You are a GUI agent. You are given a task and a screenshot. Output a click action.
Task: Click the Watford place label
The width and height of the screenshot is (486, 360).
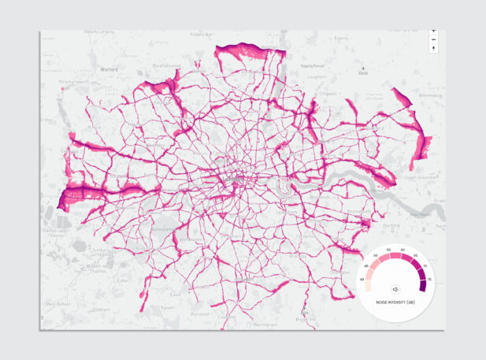pos(109,69)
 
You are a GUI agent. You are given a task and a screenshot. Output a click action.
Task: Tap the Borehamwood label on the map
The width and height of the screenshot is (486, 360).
pos(166,66)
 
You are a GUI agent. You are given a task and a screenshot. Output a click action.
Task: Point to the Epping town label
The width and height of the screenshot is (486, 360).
pos(341,37)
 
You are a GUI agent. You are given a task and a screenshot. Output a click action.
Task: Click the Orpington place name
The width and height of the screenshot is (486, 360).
pos(341,272)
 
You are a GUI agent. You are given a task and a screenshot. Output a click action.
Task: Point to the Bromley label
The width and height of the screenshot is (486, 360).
pos(298,257)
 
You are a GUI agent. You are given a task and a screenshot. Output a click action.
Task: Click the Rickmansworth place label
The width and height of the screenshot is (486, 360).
pos(73,81)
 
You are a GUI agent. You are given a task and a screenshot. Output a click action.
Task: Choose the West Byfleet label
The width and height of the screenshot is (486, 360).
pos(58,303)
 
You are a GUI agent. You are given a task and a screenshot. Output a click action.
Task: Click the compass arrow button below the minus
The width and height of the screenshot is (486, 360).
pos(433,49)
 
